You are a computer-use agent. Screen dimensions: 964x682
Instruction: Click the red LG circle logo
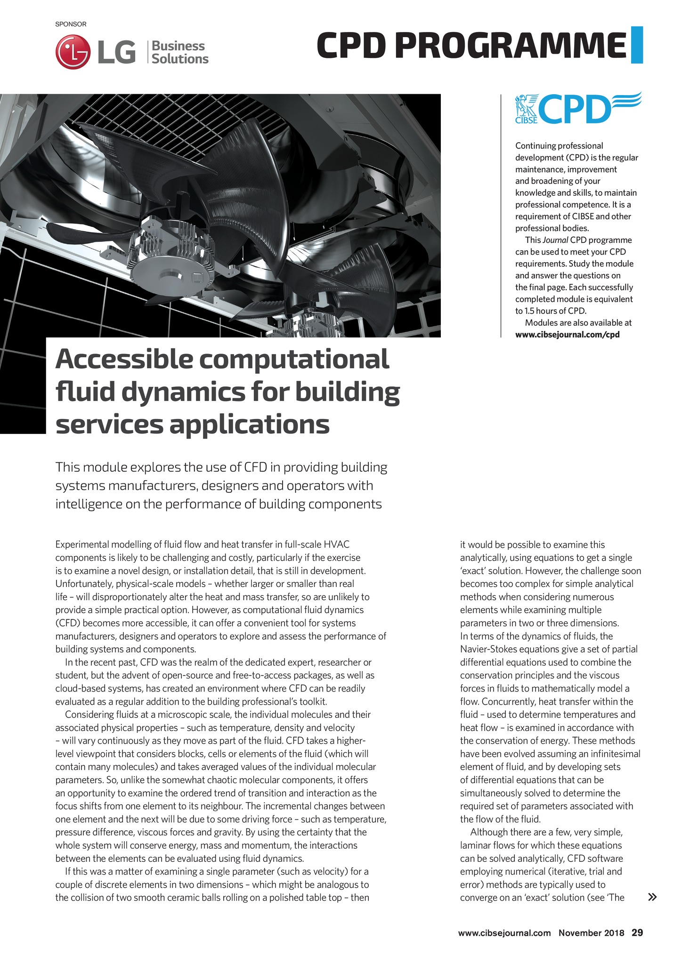pyautogui.click(x=72, y=52)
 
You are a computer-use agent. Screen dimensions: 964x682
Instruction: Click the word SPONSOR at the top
pyautogui.click(x=71, y=24)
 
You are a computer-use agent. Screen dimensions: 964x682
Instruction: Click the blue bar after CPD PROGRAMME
pyautogui.click(x=637, y=45)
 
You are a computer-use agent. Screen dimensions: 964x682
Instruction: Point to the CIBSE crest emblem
pyautogui.click(x=527, y=108)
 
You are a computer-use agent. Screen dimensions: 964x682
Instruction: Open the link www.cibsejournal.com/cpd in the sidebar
pyautogui.click(x=567, y=335)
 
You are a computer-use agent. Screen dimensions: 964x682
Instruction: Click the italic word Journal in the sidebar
pyautogui.click(x=555, y=240)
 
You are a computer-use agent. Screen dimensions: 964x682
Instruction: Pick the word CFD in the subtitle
pyautogui.click(x=256, y=467)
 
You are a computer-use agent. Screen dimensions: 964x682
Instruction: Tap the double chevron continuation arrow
pyautogui.click(x=652, y=897)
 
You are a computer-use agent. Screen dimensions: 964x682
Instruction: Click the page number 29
pyautogui.click(x=637, y=932)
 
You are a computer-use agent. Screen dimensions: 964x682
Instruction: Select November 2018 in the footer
pyautogui.click(x=591, y=932)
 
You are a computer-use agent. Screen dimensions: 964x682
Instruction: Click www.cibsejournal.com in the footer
pyautogui.click(x=504, y=932)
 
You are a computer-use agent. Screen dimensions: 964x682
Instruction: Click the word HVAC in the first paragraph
pyautogui.click(x=337, y=545)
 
